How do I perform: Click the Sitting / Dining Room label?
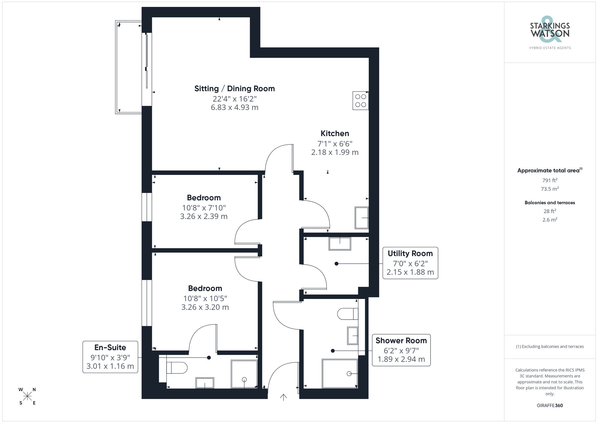pos(234,88)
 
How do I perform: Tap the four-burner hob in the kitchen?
pos(360,101)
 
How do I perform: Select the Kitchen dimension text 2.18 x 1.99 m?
pos(335,152)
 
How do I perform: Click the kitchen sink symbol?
pos(361,218)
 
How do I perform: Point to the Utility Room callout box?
pos(410,263)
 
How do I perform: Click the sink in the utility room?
pos(340,244)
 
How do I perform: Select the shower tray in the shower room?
pos(340,373)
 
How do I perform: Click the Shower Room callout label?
pos(401,341)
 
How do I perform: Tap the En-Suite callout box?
pos(110,357)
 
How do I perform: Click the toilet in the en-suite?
pos(176,368)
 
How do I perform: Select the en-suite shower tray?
pos(244,374)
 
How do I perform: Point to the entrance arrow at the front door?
pos(283,397)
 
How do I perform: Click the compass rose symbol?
pos(28,396)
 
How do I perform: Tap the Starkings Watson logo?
pos(550,33)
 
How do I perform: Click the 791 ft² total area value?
pos(550,180)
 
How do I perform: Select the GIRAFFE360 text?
pos(550,406)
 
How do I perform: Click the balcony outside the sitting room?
pos(129,67)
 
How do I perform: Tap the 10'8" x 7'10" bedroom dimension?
pos(204,207)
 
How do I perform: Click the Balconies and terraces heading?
pos(550,203)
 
